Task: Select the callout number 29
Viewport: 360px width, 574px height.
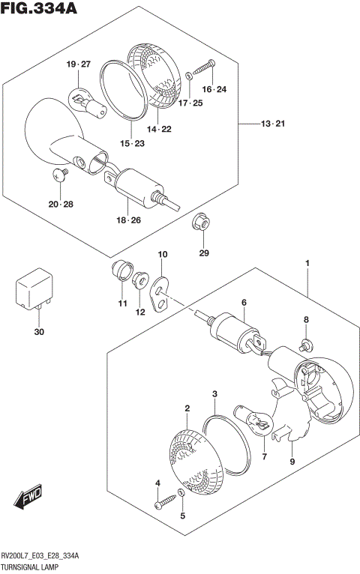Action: click(202, 253)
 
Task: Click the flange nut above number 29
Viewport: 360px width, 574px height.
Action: click(200, 221)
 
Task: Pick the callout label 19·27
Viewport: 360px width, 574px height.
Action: click(77, 65)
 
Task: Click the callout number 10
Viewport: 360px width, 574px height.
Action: click(162, 256)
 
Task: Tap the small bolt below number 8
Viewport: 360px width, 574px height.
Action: click(305, 345)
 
